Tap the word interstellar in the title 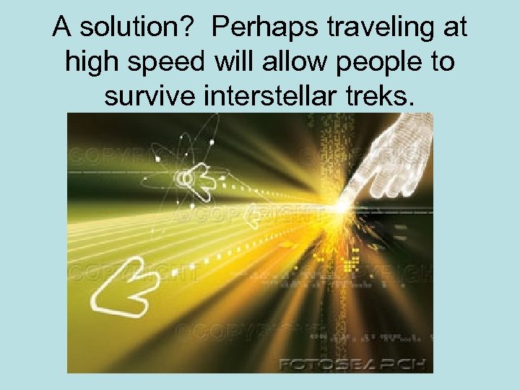277,95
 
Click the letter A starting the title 62,28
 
